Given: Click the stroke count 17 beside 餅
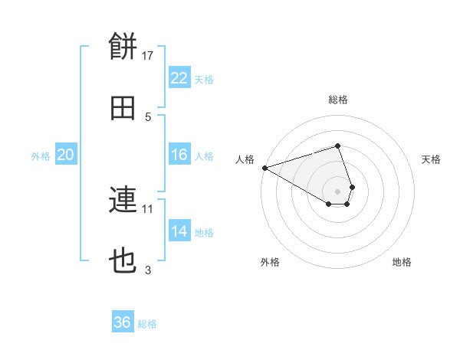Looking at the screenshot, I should pos(148,55).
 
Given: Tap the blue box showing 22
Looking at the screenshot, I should pos(179,77).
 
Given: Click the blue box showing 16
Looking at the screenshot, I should pos(179,155).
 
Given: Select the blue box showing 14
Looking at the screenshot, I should pos(179,231).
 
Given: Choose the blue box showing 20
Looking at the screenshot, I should pos(66,155).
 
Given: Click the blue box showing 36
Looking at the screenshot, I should pos(123,322).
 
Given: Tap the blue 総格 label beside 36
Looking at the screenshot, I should pos(147,324).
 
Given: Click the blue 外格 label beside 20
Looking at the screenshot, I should pos(41,156).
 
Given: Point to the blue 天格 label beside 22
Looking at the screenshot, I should pos(204,79).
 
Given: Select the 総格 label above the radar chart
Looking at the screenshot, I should pos(337,100).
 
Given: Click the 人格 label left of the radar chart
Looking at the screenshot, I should pos(245,159).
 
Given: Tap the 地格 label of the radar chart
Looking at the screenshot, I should pos(402,263).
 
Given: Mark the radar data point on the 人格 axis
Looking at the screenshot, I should pos(264,168).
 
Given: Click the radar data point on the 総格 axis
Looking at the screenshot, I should pos(337,146).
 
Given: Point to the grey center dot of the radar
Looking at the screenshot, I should pos(337,191).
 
